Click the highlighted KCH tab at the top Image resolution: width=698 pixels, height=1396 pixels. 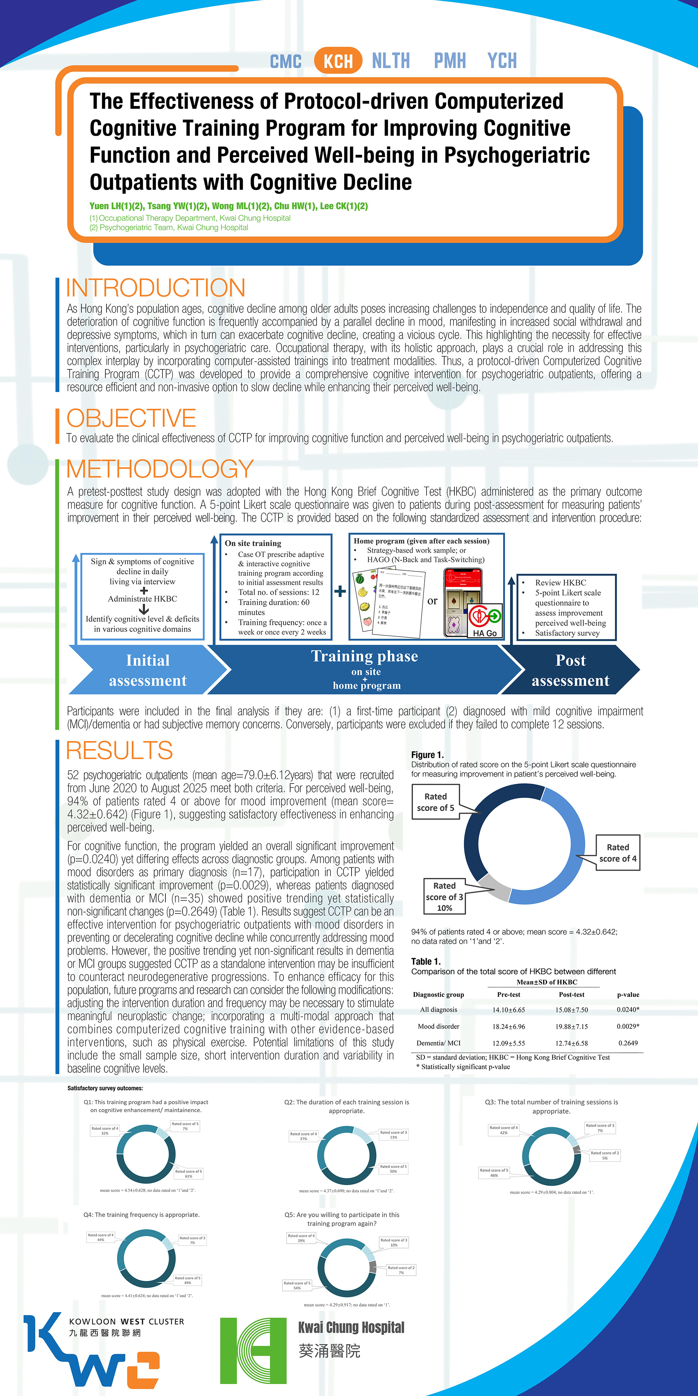click(338, 61)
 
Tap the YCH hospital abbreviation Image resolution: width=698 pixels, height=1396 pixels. click(502, 61)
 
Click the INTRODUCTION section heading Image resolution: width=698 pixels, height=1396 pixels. click(156, 288)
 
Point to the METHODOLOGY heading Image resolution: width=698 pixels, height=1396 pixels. click(160, 469)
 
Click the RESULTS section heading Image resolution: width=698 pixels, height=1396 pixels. click(119, 751)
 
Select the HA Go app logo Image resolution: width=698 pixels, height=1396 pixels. click(485, 621)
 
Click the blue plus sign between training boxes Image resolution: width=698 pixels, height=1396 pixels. click(340, 591)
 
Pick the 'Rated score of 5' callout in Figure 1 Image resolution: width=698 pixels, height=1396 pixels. click(436, 802)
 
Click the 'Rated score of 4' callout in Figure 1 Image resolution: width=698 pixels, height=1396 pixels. click(618, 853)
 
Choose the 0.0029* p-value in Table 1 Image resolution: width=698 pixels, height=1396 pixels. click(627, 1026)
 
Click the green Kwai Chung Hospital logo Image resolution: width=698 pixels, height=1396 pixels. click(253, 1351)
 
